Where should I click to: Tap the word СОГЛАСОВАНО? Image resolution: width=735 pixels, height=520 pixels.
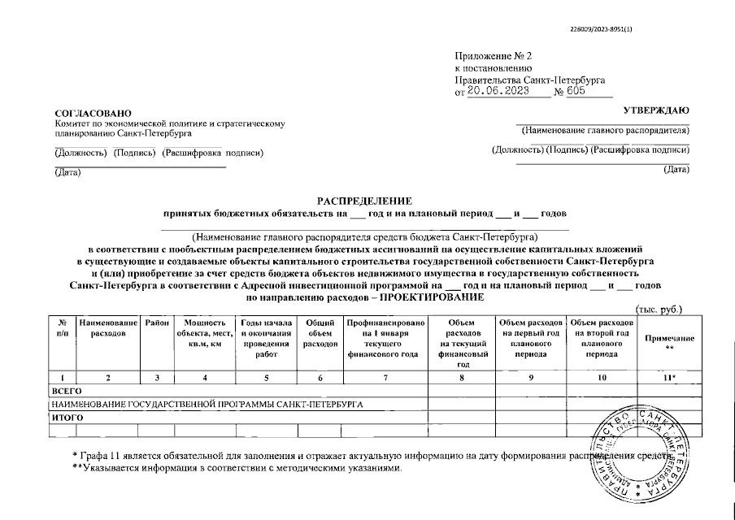coord(92,112)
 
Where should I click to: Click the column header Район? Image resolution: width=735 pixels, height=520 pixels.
coord(157,323)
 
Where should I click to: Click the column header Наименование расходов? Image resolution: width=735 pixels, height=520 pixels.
coord(108,328)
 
